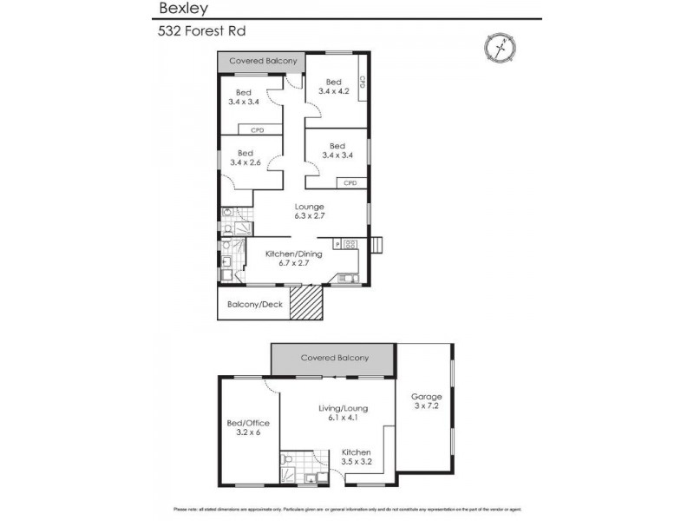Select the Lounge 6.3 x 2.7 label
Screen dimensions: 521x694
pyautogui.click(x=309, y=212)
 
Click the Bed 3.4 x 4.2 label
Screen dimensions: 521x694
pyautogui.click(x=334, y=87)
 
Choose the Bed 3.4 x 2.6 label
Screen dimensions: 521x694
pyautogui.click(x=246, y=158)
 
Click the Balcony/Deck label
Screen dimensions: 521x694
pyautogui.click(x=255, y=305)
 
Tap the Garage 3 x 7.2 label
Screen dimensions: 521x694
pyautogui.click(x=426, y=402)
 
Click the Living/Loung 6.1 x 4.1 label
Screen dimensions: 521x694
pyautogui.click(x=344, y=412)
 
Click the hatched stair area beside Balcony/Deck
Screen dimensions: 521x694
pyautogui.click(x=306, y=304)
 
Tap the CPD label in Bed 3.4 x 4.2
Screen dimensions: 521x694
pyautogui.click(x=363, y=82)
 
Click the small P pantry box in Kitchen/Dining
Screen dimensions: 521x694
pyautogui.click(x=337, y=244)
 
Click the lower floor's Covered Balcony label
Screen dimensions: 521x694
pyautogui.click(x=334, y=358)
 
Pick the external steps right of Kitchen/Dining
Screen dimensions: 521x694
pyautogui.click(x=376, y=245)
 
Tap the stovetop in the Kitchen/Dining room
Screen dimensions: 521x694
pyautogui.click(x=350, y=244)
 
